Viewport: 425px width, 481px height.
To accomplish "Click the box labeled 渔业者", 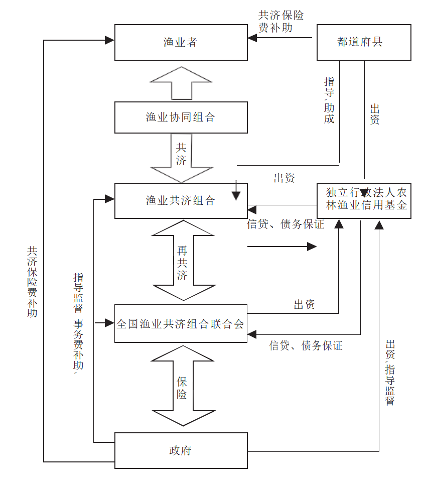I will [181, 42].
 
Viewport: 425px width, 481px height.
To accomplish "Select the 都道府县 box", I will [364, 42].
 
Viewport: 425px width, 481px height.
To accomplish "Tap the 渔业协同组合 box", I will [181, 117].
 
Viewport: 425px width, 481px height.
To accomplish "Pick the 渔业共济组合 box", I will [181, 201].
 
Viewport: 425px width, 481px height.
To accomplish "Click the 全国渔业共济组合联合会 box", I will [181, 323].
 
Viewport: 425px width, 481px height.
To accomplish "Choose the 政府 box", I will [181, 450].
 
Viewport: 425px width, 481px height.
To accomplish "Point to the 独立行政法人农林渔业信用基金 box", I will [364, 200].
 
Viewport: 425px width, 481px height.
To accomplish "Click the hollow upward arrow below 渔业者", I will [181, 83].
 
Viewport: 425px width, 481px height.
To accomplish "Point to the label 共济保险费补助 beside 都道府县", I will [280, 22].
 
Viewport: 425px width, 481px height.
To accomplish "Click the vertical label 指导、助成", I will [329, 100].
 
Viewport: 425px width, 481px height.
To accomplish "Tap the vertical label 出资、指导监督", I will [390, 372].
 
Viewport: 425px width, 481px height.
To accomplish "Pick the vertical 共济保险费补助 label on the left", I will [32, 281].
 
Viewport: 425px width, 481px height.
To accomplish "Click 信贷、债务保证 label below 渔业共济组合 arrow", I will [286, 224].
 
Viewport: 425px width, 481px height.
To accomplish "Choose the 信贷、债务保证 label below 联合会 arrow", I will [306, 345].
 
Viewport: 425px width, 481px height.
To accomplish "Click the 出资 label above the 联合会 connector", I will [304, 304].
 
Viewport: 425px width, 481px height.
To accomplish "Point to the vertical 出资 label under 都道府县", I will [374, 114].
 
